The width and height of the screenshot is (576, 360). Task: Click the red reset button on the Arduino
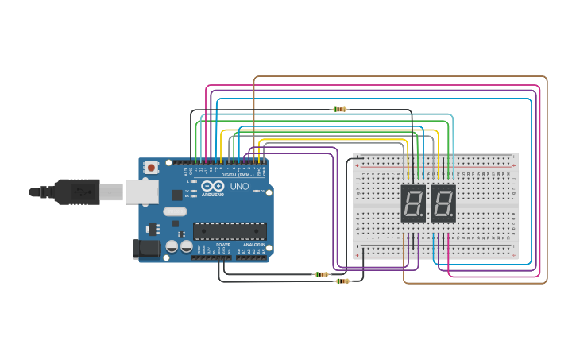150,168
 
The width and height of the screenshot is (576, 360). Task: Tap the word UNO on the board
239,186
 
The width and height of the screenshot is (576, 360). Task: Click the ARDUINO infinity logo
213,186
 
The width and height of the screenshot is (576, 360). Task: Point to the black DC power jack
145,249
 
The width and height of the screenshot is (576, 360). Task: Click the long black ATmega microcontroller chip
230,231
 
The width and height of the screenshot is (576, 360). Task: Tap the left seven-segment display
413,203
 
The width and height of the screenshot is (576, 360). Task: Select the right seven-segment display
443,203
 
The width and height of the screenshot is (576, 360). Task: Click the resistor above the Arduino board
340,110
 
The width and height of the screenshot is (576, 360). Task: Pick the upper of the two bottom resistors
322,274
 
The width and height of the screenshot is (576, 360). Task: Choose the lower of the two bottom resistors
342,281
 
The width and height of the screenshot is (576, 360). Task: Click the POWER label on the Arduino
225,245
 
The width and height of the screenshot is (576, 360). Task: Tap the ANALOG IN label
252,245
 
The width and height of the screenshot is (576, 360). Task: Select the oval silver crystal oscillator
175,211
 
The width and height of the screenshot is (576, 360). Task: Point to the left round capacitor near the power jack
172,247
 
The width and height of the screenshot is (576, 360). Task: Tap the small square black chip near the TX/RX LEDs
176,194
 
